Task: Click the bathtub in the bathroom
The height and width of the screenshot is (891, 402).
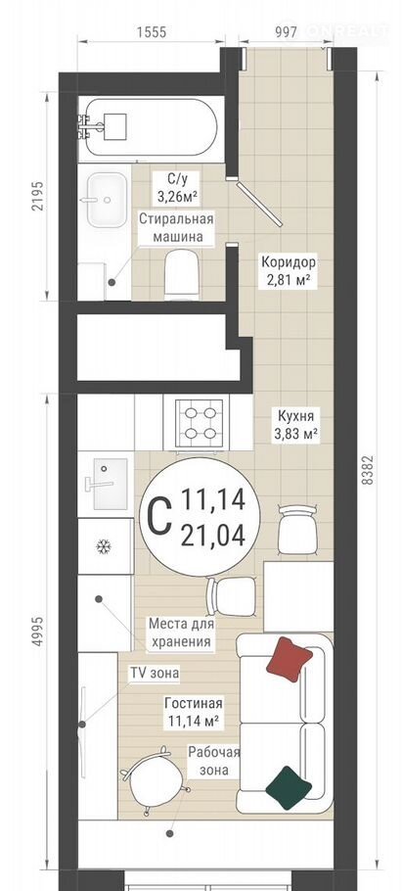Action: point(147,127)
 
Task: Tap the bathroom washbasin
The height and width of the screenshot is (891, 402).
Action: point(107,200)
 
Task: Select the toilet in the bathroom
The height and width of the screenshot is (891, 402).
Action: point(182,274)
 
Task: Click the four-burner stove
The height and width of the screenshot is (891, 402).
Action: point(198,423)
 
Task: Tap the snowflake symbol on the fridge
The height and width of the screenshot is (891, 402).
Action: point(103,546)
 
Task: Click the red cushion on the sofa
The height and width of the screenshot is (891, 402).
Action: point(289,659)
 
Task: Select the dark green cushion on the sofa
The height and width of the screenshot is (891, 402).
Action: point(289,787)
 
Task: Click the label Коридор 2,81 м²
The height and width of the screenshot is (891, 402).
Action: point(288,271)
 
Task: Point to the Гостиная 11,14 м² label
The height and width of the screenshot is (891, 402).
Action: point(193,713)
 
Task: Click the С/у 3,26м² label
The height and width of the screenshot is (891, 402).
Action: point(177,188)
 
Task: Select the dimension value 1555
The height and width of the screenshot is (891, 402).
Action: point(151,31)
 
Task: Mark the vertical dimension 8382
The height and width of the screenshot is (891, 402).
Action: point(368,469)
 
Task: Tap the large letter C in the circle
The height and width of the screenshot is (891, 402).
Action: point(159,516)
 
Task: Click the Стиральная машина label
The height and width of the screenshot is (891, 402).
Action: point(176,228)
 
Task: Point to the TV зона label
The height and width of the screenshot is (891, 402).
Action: point(155,674)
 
